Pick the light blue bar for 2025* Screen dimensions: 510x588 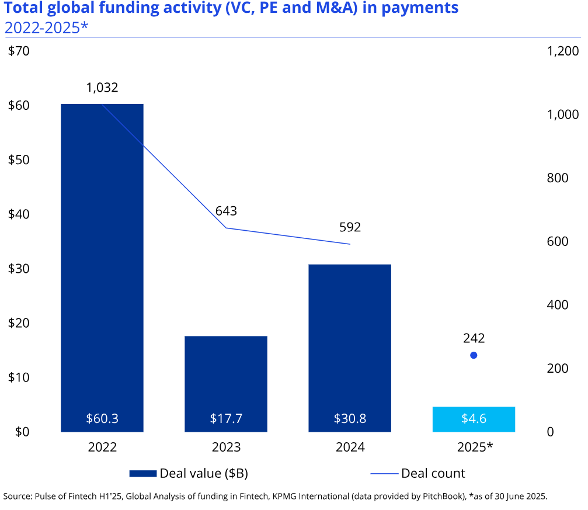coord(474,419)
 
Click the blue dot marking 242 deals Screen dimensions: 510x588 coord(474,355)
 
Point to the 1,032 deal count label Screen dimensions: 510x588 coord(102,88)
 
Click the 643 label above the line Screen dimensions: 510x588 coord(226,211)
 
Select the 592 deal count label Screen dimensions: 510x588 coord(350,227)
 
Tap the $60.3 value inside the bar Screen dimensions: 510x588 coord(102,419)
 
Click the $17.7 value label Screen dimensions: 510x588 coord(226,419)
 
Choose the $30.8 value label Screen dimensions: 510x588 coord(350,419)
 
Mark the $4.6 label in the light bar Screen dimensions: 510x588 coord(474,419)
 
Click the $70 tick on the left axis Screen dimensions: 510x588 coord(18,51)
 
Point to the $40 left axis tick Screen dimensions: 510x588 coord(18,214)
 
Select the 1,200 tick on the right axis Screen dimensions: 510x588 coord(562,51)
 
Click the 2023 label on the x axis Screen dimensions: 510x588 coord(226,447)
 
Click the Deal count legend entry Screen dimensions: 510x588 coord(433,473)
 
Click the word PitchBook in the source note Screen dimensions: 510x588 coord(433,497)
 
